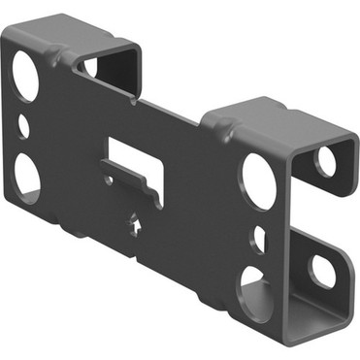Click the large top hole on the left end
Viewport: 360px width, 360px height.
coord(26,74)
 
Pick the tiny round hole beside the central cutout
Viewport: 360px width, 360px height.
coord(110,180)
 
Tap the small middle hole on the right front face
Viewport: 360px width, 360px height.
coord(257,236)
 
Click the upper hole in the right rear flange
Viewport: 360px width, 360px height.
coord(326,160)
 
